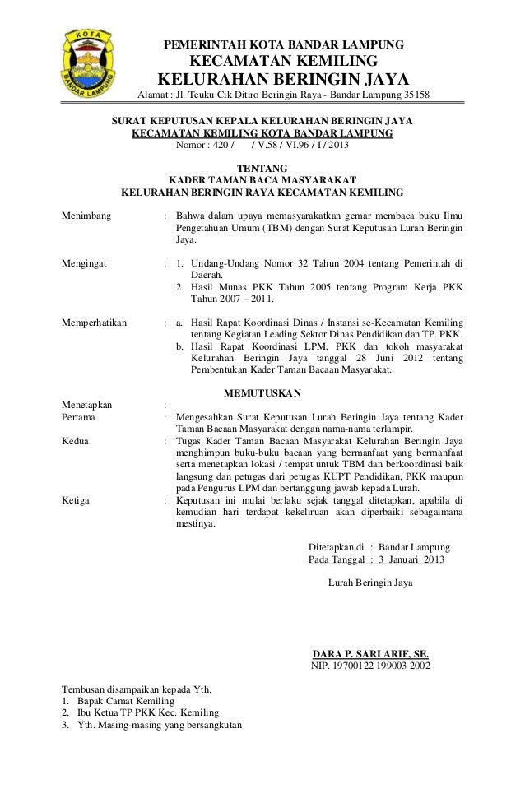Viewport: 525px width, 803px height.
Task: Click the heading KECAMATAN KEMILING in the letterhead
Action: [284, 63]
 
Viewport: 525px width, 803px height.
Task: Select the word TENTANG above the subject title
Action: [262, 167]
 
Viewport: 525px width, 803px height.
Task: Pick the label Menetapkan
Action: [88, 404]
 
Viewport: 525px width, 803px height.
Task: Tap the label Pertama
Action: [81, 417]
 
